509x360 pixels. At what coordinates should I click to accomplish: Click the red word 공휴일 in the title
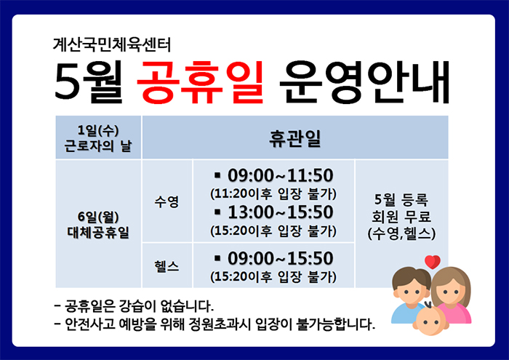200,82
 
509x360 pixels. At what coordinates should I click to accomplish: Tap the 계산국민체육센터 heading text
112,44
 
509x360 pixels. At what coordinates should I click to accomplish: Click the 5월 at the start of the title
89,81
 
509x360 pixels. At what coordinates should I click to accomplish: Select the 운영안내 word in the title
364,82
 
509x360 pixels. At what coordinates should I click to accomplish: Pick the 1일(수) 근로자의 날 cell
98,137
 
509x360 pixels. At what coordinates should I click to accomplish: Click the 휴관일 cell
295,137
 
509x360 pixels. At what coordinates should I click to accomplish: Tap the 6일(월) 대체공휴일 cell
98,224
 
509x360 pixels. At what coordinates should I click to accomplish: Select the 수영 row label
167,201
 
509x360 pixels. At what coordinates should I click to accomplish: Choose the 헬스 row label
167,266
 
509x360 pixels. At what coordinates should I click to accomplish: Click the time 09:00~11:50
280,175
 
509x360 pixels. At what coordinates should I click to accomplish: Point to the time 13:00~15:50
281,212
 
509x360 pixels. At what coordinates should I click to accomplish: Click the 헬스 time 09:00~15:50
280,258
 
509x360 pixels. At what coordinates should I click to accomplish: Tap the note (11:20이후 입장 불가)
273,193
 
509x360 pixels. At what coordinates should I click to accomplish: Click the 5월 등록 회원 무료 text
401,208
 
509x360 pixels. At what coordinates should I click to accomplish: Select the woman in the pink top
451,295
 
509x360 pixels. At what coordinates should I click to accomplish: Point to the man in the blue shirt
411,295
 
